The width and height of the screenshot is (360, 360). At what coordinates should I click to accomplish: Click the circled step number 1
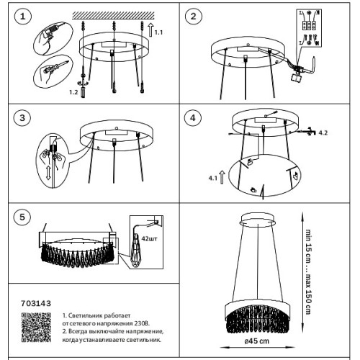pyautogui.click(x=23, y=17)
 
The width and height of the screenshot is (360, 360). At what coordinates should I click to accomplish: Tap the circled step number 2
pyautogui.click(x=194, y=17)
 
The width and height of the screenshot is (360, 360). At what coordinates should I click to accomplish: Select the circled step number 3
pyautogui.click(x=22, y=118)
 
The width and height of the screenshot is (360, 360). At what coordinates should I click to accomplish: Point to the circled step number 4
pyautogui.click(x=193, y=118)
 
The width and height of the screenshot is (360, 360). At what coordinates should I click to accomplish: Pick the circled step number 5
pyautogui.click(x=22, y=217)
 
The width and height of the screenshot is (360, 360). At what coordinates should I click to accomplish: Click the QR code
pyautogui.click(x=36, y=327)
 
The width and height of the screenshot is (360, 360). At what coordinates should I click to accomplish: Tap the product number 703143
pyautogui.click(x=36, y=303)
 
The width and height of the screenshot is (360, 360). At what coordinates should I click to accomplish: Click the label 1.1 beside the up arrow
pyautogui.click(x=158, y=32)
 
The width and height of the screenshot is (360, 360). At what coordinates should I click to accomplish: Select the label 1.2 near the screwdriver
pyautogui.click(x=73, y=92)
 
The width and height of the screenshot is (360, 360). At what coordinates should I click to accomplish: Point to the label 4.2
pyautogui.click(x=323, y=132)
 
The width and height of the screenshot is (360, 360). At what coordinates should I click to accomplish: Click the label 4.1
pyautogui.click(x=212, y=178)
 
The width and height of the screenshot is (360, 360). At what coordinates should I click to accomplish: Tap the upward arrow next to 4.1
pyautogui.click(x=222, y=177)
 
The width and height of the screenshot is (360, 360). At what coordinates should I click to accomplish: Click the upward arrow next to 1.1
pyautogui.click(x=150, y=30)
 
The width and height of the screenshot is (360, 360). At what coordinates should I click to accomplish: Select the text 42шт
pyautogui.click(x=149, y=239)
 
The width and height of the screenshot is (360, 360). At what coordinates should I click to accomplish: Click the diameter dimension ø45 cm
pyautogui.click(x=257, y=341)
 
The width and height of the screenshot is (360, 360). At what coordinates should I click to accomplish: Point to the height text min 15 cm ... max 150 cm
pyautogui.click(x=308, y=272)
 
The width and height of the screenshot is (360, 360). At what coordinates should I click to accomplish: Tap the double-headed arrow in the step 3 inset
pyautogui.click(x=48, y=173)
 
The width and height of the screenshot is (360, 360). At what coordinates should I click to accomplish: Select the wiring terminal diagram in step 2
pyautogui.click(x=309, y=29)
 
